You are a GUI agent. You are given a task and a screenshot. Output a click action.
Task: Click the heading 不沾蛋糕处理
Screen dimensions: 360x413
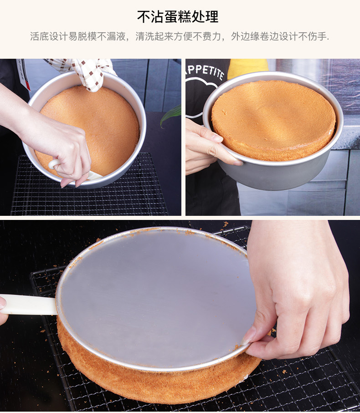click(178, 17)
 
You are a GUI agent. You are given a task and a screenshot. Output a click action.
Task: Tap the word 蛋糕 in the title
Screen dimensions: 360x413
click(178, 17)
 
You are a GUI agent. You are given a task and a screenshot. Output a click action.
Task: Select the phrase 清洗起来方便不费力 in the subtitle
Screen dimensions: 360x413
click(178, 36)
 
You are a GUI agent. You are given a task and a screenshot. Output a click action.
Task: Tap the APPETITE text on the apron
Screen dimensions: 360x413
click(205, 71)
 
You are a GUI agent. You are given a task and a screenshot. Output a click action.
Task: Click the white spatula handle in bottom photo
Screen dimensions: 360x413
click(28, 305)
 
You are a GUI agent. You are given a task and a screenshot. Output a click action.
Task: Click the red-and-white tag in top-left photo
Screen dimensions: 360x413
click(24, 74)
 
